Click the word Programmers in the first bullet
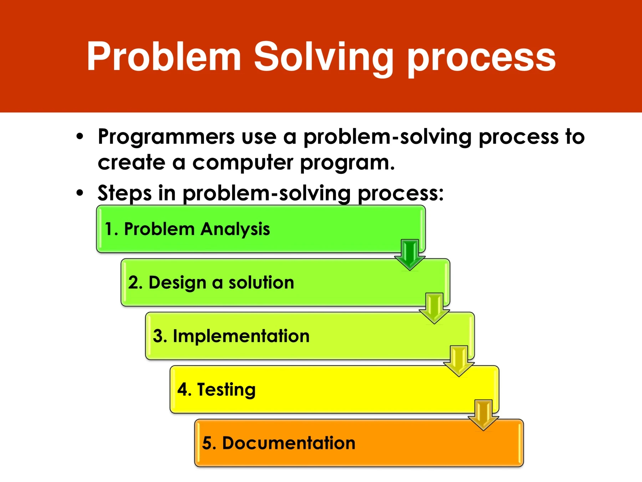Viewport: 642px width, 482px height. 167,137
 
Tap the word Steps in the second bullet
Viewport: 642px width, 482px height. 125,193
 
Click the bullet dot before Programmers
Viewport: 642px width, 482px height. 80,136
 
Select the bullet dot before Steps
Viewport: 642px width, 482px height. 80,193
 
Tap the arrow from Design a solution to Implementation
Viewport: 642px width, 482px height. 434,308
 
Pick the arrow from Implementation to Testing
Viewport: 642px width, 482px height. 459,361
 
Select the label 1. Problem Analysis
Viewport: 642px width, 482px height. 187,229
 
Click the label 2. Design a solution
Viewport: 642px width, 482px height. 211,283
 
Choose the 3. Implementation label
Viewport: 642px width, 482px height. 231,336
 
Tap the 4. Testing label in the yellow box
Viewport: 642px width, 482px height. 216,390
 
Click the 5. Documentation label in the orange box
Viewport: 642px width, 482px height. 279,443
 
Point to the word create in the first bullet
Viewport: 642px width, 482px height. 132,163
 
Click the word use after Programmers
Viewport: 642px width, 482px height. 259,138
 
